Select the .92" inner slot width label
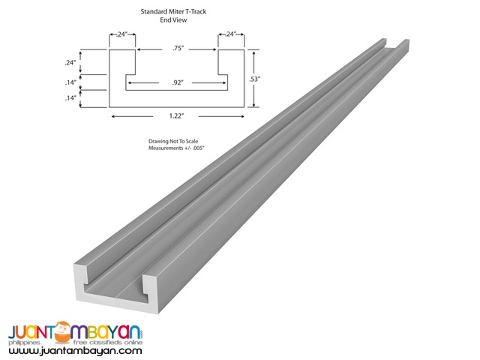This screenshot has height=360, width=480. click(178, 80)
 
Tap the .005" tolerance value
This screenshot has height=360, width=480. click(197, 149)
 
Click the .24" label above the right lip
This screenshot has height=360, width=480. click(230, 34)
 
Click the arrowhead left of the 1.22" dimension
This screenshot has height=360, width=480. click(112, 116)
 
